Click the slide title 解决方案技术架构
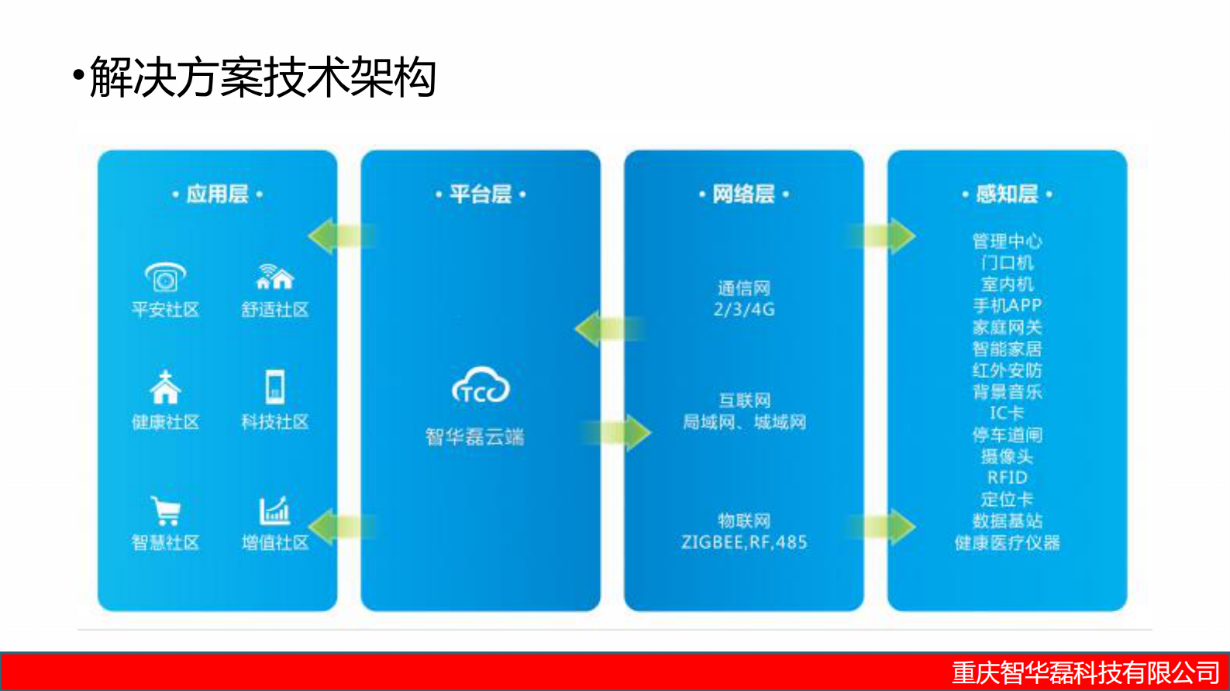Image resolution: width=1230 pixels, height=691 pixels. tap(263, 77)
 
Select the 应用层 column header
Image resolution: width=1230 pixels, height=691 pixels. tap(217, 194)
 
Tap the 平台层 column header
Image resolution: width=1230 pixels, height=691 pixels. tap(481, 194)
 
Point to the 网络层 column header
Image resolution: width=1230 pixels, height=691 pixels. tap(743, 194)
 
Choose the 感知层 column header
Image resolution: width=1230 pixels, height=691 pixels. tap(1007, 194)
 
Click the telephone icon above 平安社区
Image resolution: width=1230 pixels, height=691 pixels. tap(165, 277)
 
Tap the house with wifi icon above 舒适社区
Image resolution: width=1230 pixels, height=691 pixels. tap(275, 277)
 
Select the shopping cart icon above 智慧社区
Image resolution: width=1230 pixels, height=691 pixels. tap(166, 511)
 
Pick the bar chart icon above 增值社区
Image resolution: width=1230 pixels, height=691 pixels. tap(274, 511)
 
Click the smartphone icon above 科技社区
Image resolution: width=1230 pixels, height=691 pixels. tap(275, 387)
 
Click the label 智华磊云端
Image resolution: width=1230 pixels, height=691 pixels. tap(475, 437)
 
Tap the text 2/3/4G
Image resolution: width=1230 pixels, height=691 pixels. tap(744, 310)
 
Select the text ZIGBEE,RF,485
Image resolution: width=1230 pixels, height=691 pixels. tap(744, 542)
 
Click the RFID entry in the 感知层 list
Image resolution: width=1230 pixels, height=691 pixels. tap(1007, 477)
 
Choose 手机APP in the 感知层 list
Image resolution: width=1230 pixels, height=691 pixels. tap(1007, 305)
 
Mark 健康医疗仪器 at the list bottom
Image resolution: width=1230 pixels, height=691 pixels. tap(1007, 542)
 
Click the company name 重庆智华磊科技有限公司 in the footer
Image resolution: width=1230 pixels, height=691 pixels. tap(1086, 672)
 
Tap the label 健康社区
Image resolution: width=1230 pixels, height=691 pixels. tap(165, 422)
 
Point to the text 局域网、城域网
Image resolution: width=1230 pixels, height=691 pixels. tap(744, 422)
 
